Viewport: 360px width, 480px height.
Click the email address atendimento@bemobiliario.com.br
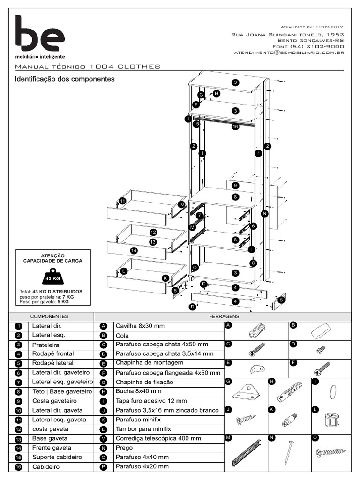point(289,53)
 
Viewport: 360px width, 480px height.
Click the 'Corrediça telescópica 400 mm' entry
point(158,438)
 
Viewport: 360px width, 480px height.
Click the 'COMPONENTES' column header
point(50,316)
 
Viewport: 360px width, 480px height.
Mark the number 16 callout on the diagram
point(235,127)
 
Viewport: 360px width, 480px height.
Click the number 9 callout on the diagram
point(235,186)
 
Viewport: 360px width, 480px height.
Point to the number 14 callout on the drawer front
point(134,251)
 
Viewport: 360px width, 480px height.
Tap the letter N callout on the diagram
point(264,214)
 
